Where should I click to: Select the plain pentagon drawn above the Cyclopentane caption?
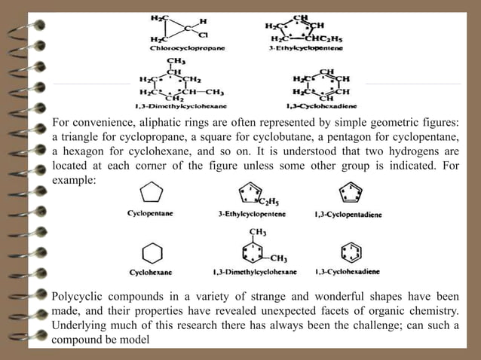pyautogui.click(x=151, y=193)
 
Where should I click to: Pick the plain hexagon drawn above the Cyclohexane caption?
pyautogui.click(x=152, y=252)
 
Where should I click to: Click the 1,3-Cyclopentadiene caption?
pyautogui.click(x=348, y=214)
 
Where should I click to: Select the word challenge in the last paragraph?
pyautogui.click(x=400, y=325)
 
